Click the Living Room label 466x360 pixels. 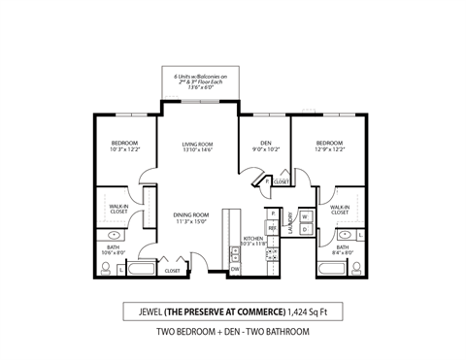pos(197,147)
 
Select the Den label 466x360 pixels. pos(259,147)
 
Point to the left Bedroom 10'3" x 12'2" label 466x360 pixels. pos(126,147)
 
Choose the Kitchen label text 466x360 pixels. pos(253,241)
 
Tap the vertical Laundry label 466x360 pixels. pos(289,225)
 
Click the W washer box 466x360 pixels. pos(303,216)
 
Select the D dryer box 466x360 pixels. pos(303,230)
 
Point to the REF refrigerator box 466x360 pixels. pos(273,228)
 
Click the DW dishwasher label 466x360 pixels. pos(235,270)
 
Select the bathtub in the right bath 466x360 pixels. pos(327,270)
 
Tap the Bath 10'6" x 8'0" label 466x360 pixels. pos(115,251)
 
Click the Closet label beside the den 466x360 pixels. pos(281,182)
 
